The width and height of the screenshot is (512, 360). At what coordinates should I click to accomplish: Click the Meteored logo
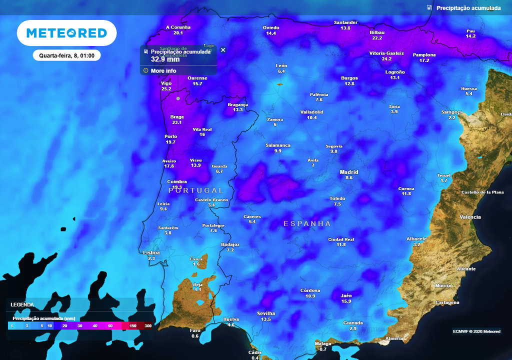(66, 33)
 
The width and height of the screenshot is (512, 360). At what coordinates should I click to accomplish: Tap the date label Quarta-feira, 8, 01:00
(67, 55)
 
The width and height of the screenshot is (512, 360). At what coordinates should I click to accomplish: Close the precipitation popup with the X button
(223, 50)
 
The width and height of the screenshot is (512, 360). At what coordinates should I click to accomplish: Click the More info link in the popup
(163, 71)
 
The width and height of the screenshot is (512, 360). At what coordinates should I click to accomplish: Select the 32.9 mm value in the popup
(165, 59)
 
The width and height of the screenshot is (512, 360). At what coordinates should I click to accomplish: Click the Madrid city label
(349, 172)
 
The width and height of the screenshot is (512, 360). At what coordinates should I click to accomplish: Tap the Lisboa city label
(151, 253)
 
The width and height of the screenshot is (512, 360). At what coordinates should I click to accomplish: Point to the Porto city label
(170, 136)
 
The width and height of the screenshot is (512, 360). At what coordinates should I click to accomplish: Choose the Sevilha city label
(266, 313)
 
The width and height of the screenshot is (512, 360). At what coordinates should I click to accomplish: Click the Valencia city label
(470, 217)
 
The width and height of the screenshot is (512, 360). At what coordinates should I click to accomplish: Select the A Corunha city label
(178, 27)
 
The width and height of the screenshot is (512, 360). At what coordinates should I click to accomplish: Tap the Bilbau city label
(377, 32)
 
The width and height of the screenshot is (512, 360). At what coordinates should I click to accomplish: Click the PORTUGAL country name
(196, 190)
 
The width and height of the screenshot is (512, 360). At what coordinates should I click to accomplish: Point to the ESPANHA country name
(307, 223)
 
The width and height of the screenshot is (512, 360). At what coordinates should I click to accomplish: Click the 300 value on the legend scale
(148, 326)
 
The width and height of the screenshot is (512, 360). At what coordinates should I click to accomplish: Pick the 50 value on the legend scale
(110, 326)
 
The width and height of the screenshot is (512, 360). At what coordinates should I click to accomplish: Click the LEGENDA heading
(22, 304)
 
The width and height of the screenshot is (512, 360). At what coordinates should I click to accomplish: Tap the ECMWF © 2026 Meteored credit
(476, 331)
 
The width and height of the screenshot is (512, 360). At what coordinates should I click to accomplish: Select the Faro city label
(195, 330)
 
